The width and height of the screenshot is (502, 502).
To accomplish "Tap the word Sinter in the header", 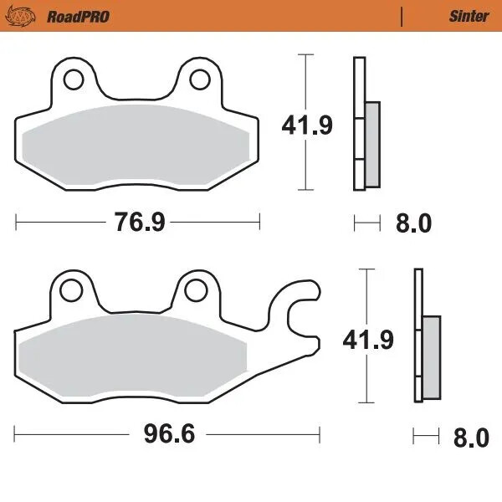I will (469, 15).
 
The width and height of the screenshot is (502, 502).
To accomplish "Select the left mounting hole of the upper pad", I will (73, 79).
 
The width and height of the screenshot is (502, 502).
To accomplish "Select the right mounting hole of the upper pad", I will (199, 79).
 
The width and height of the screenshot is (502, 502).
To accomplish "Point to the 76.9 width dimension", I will (138, 222).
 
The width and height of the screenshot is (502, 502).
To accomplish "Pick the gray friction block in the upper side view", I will (372, 144).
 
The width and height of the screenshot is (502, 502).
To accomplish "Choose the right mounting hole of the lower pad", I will (196, 290).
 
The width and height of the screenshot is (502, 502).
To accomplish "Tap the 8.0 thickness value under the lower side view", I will (469, 437).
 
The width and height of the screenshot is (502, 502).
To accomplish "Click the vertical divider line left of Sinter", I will (402, 15).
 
